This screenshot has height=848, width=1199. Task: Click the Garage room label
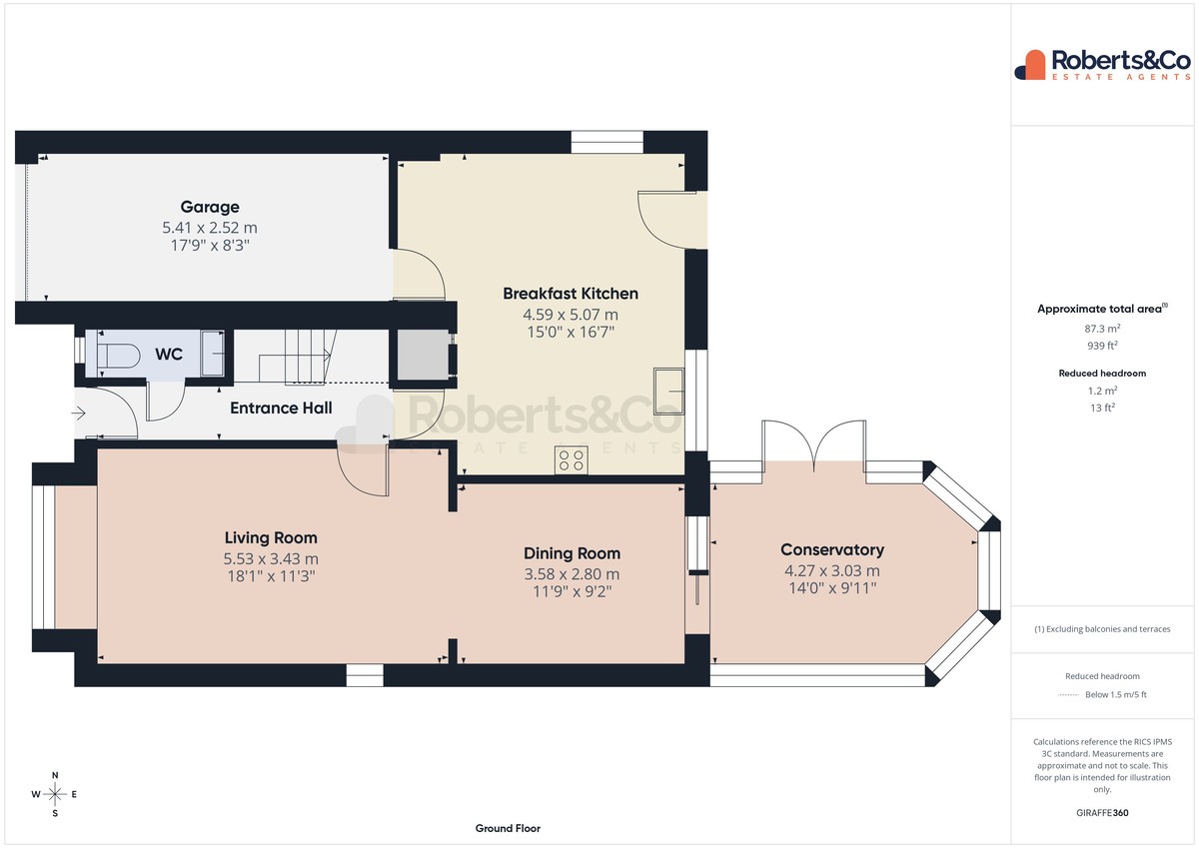point(210,207)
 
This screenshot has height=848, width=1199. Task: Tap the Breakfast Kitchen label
point(571,294)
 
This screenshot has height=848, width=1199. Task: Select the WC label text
point(169,355)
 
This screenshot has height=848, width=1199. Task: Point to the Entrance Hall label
point(281,409)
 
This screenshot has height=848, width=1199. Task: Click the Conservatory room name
point(832,550)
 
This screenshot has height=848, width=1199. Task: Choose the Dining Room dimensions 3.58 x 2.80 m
point(572,574)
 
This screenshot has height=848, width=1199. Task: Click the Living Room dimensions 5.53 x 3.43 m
point(271,559)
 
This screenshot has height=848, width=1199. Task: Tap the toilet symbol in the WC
point(119,356)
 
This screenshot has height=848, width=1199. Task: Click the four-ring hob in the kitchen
point(572,460)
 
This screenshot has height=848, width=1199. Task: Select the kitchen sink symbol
point(669,392)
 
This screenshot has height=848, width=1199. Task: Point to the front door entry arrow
point(79,414)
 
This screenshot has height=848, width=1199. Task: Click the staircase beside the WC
point(297,357)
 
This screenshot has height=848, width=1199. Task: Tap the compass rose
point(55,794)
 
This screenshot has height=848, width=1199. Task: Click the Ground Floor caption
point(508,829)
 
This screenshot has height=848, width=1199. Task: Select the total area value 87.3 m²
point(1102,329)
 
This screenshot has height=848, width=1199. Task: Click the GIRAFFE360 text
point(1102,813)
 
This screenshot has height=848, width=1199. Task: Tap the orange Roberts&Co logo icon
point(1030,65)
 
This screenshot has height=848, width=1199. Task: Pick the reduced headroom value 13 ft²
point(1103,408)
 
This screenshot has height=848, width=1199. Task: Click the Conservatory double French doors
point(813,445)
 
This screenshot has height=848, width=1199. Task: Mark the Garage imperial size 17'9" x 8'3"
point(210,246)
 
